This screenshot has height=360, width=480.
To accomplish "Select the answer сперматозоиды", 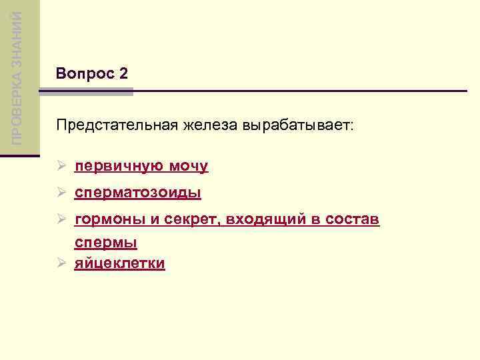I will [x=137, y=193].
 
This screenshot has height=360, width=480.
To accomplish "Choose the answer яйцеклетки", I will [x=119, y=263].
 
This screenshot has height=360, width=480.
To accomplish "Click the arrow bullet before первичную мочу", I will [x=61, y=166].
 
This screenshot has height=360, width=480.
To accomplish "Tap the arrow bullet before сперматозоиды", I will [x=61, y=193].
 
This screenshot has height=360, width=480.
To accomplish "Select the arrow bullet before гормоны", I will [x=61, y=220].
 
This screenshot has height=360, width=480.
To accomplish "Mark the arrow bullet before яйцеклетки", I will [x=61, y=263].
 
